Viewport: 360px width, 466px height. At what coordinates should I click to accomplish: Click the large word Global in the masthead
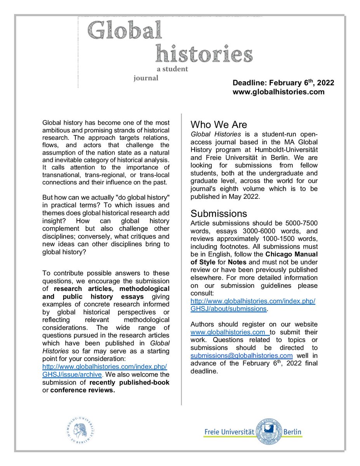125,30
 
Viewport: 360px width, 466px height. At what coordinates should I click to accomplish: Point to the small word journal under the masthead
146,78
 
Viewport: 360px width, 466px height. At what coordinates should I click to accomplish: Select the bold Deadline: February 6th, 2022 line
283,83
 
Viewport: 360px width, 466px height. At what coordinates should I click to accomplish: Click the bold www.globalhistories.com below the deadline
278,92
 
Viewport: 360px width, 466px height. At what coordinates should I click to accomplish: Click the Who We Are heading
219,125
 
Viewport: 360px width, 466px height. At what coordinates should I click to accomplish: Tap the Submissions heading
219,214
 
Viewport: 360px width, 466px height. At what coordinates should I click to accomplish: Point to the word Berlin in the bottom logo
292,432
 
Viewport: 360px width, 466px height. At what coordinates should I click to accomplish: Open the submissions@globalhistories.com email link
241,356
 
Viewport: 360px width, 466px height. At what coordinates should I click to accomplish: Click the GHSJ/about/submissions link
228,309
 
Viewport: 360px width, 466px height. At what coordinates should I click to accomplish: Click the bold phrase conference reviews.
83,390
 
